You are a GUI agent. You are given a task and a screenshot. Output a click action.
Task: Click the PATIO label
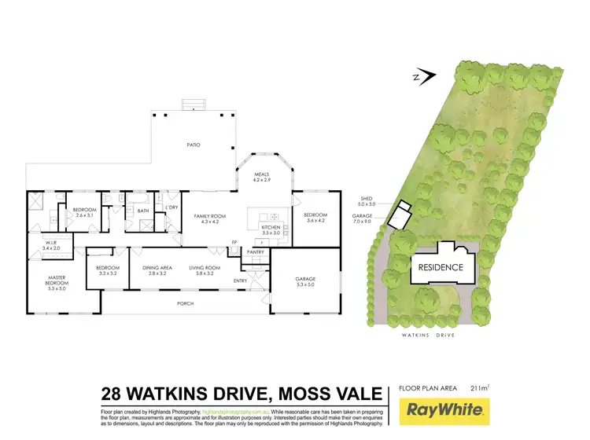click(x=192, y=145)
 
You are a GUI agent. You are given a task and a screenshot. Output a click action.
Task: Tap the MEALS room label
click(x=261, y=175)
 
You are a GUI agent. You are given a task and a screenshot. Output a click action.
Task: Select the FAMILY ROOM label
click(x=213, y=215)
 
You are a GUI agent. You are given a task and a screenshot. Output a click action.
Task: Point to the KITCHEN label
click(x=270, y=228)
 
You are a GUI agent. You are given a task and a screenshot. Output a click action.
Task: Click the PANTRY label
click(x=255, y=251)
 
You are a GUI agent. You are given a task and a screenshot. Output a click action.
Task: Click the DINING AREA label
click(x=154, y=269)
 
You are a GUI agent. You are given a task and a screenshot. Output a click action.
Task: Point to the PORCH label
click(x=185, y=303)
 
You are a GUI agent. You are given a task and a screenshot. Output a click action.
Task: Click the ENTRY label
click(x=240, y=280)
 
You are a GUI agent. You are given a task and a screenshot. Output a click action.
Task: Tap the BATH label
click(x=143, y=211)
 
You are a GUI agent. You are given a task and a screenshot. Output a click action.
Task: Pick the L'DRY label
click(x=174, y=207)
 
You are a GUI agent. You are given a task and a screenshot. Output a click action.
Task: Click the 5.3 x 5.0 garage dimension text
click(x=305, y=284)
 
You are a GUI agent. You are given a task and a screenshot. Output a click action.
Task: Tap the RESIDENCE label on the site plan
click(x=441, y=267)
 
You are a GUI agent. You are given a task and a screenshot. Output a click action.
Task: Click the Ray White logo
click(x=445, y=409)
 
